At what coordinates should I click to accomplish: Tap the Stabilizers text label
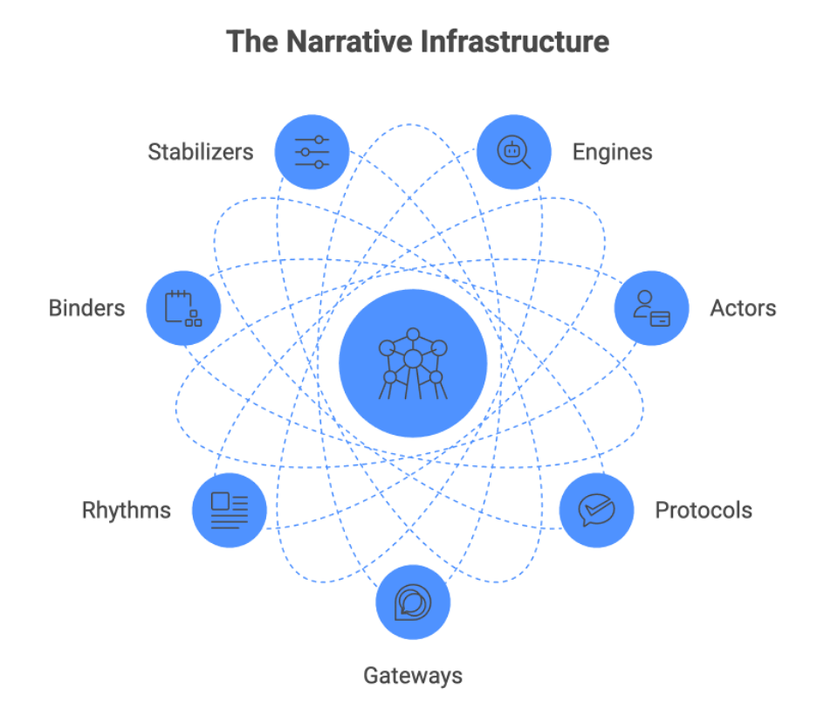[201, 152]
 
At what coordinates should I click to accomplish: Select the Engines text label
[612, 152]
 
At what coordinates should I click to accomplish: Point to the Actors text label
[743, 308]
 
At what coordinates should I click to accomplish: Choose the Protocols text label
[704, 510]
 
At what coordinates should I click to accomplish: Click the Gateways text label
[413, 675]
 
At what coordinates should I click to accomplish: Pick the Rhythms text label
[127, 510]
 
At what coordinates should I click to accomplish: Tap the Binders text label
[86, 308]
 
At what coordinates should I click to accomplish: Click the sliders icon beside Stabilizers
[312, 152]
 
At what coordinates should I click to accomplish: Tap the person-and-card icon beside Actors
[652, 308]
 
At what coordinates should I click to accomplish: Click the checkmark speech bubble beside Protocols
[597, 510]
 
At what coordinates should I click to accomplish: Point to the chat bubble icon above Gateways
[413, 603]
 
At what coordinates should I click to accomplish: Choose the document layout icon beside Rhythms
[230, 510]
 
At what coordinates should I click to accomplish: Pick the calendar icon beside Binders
[183, 308]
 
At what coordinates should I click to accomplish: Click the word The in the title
[247, 41]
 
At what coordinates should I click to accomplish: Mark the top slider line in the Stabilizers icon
[312, 140]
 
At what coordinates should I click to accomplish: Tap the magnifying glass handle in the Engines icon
[525, 162]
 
